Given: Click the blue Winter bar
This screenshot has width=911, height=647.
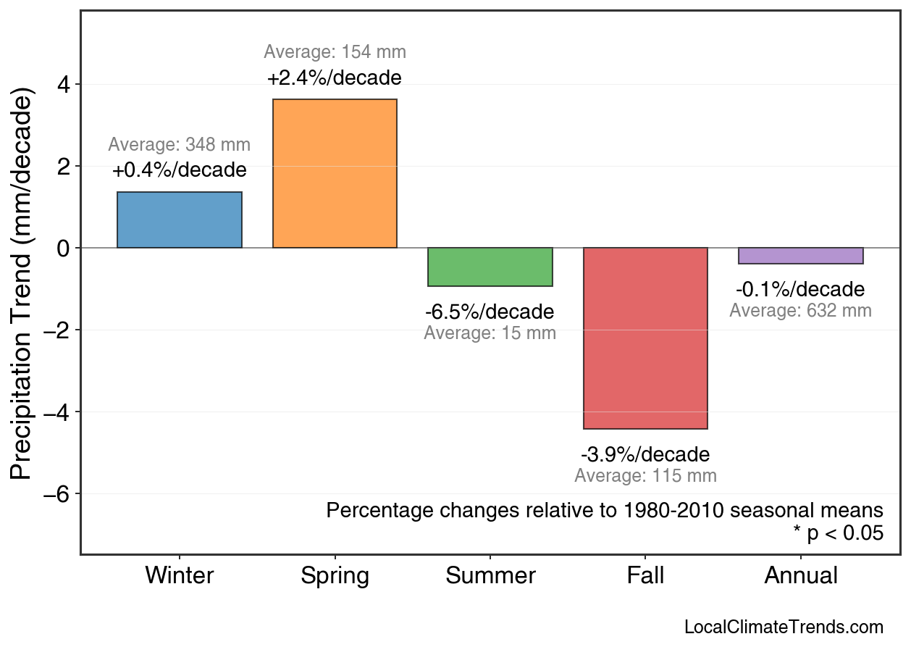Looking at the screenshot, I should click(180, 220).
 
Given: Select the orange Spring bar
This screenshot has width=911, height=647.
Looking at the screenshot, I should click(335, 174).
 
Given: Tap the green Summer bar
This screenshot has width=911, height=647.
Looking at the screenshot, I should click(490, 267).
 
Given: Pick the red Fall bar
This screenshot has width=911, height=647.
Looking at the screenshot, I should click(645, 338).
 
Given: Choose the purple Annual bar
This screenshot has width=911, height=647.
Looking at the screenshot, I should click(801, 256).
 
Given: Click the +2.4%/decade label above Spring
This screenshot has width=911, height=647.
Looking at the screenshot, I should click(335, 78).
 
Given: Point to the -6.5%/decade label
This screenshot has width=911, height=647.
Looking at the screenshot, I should click(490, 312).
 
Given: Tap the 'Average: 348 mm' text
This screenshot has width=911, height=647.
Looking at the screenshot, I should click(180, 145).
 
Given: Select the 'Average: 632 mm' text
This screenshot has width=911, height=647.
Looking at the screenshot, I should click(800, 311).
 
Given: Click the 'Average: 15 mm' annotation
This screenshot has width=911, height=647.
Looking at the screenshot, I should click(490, 334).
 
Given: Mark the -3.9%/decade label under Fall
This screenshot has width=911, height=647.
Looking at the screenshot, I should click(645, 455).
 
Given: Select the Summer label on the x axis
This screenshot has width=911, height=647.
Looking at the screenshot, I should click(490, 576).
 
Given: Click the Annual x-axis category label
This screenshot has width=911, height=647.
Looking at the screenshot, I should click(801, 576).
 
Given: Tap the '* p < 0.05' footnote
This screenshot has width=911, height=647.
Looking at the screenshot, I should click(838, 533).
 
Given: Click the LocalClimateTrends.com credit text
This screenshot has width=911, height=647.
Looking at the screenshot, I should click(784, 627).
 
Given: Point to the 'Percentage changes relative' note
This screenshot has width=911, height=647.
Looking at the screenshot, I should click(605, 510).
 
